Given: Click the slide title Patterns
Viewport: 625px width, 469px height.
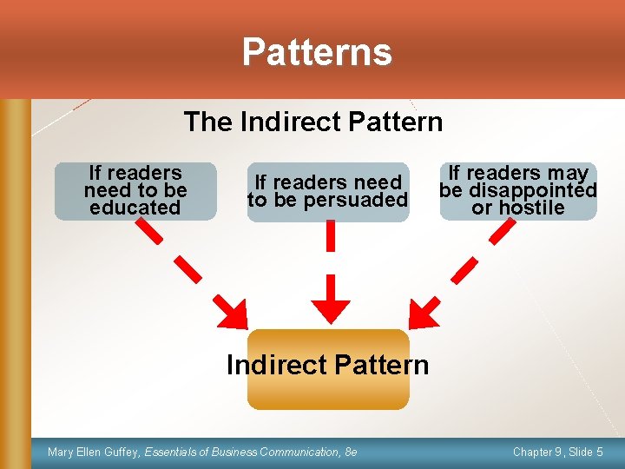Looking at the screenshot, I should point(317,51).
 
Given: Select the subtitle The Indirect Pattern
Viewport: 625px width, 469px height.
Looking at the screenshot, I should point(312,122).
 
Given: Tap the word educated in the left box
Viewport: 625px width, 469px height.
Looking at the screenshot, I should point(135,208).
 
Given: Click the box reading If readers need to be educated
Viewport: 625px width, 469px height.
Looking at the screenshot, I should point(135,191).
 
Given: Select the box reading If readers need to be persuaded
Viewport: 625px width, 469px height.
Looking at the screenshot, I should point(327,192).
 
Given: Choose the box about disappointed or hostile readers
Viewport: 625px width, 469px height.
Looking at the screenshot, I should point(518,191).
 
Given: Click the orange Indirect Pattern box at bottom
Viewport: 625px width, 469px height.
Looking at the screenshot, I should point(327,369).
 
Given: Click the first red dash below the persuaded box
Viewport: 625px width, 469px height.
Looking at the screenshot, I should point(330,235).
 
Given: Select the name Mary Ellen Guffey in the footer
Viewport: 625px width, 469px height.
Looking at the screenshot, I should point(95,452).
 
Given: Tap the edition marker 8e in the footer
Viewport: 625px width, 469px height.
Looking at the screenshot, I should point(351,452).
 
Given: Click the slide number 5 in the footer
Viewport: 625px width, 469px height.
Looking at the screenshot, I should point(600,452).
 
